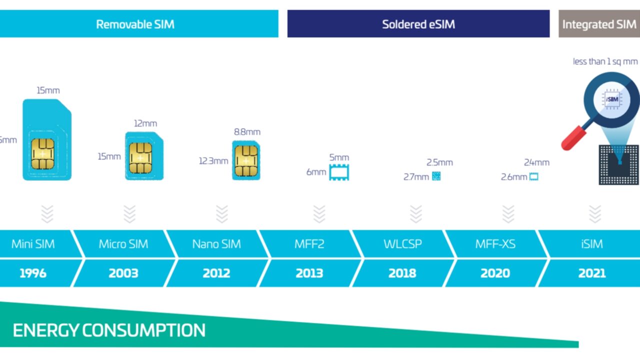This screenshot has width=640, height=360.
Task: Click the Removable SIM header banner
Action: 135,24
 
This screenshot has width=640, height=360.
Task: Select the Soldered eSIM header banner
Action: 418,24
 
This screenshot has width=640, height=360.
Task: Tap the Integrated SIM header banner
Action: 599,24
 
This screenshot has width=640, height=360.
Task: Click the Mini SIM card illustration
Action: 47,140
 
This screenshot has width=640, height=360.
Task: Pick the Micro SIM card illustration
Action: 144,155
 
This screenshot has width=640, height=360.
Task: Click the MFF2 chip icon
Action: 339,172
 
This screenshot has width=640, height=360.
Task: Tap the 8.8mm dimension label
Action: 247,132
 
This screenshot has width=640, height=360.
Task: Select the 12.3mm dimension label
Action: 213,161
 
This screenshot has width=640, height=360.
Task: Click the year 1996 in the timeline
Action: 33,273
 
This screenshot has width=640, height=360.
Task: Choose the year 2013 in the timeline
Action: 309,273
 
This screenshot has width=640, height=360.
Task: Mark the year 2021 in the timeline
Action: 591,273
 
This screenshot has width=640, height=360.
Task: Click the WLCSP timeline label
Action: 402,244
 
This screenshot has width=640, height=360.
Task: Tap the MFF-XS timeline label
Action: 495,244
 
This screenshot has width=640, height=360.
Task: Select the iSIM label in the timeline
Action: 591,244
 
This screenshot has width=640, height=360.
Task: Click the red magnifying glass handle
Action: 573,138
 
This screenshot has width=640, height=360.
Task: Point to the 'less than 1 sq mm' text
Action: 605,62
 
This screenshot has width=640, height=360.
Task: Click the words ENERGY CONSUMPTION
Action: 109,330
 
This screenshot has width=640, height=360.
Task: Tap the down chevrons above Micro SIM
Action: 129,214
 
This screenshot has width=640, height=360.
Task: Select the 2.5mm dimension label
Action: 439,162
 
